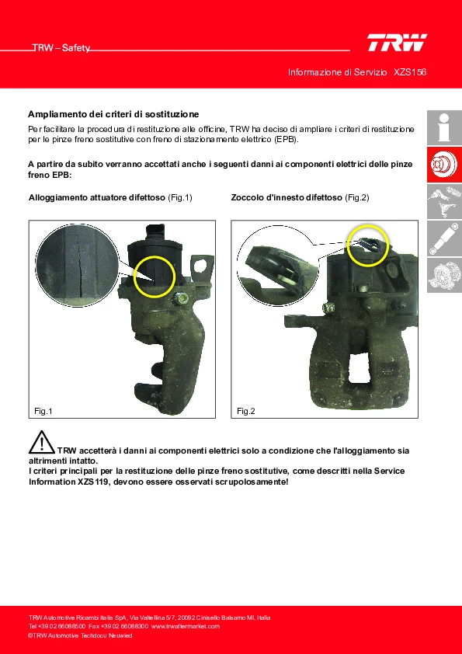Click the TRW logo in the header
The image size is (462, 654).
coord(397,43)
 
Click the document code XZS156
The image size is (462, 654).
coord(410,72)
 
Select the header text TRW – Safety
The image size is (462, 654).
coord(61,48)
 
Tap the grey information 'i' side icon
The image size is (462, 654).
coord(444,127)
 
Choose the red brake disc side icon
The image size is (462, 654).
coord(444,165)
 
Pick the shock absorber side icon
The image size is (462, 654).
coord(444,238)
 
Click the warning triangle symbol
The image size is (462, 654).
coord(42,442)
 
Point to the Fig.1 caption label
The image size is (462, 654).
coord(43,411)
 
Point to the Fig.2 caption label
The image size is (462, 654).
coord(245,411)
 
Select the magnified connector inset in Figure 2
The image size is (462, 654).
coord(277,267)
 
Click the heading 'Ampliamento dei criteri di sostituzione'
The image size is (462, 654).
coord(113,114)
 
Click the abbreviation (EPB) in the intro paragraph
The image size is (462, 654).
coord(287,139)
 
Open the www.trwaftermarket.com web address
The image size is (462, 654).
coord(185,627)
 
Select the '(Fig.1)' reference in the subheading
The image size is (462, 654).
coord(179,198)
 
